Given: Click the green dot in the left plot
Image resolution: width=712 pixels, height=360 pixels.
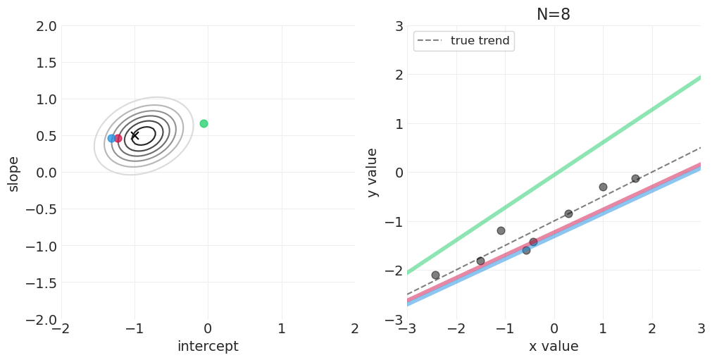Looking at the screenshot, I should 204,123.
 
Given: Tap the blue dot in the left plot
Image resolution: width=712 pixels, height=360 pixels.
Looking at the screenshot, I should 111,138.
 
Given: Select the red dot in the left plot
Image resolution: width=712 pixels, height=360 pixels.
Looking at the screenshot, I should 118,138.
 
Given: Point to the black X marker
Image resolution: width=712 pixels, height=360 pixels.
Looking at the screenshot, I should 135,135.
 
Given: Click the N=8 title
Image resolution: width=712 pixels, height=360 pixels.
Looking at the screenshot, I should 554,14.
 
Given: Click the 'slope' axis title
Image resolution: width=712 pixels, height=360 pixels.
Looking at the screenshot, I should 13,173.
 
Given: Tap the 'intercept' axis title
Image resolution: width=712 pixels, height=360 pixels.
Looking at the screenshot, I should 208,347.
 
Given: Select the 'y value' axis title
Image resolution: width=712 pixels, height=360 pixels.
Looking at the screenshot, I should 373,173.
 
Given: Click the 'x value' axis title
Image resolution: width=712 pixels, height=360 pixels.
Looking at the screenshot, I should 554,347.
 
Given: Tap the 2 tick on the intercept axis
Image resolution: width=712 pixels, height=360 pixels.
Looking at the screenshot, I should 354,328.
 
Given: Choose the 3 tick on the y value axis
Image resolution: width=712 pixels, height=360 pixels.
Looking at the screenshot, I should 398,26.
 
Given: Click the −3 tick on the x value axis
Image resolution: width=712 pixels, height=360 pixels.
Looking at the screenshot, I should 407,328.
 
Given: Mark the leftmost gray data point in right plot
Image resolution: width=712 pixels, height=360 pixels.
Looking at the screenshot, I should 435,275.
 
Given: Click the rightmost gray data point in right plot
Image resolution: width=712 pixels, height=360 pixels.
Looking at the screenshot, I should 635,178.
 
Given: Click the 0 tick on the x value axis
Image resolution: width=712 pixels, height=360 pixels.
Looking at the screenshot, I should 554,328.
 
